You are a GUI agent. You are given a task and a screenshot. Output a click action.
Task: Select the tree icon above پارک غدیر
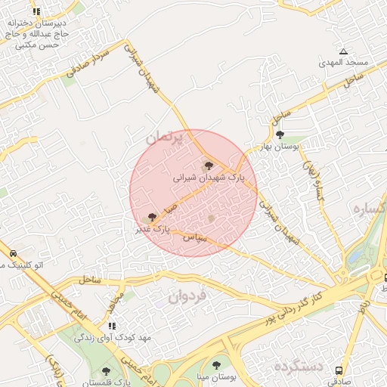tap(153, 217)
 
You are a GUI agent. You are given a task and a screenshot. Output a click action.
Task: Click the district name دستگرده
tap(299, 367)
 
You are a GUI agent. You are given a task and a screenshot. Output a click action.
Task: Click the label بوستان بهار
tap(286, 146)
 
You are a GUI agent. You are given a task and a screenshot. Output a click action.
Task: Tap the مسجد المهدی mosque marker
tap(343, 52)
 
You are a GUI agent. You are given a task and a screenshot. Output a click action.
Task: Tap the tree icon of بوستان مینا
tap(217, 365)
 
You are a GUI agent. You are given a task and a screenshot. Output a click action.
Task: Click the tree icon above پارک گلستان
tap(105, 370)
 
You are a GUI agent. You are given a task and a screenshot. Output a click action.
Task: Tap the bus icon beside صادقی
tap(338, 371)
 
